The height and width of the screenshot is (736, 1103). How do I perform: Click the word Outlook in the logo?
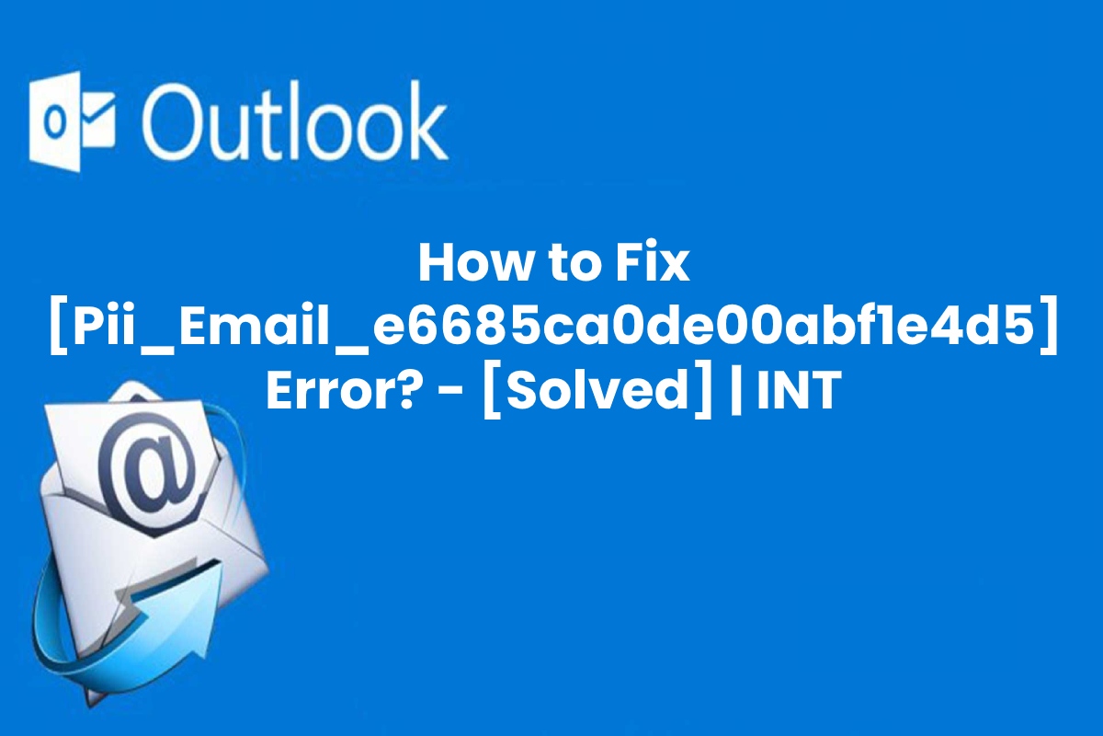(x=296, y=121)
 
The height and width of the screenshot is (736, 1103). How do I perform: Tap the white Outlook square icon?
(x=72, y=121)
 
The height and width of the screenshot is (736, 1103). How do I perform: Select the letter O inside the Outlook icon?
(x=56, y=122)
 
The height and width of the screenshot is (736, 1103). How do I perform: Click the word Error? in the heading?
(x=340, y=389)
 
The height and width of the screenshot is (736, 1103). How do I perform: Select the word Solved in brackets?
(x=597, y=390)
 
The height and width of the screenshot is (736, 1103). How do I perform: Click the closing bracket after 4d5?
(x=1049, y=328)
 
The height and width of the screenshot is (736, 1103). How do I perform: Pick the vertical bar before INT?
(x=736, y=392)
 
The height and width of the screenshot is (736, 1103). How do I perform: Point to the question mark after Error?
(x=401, y=389)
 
